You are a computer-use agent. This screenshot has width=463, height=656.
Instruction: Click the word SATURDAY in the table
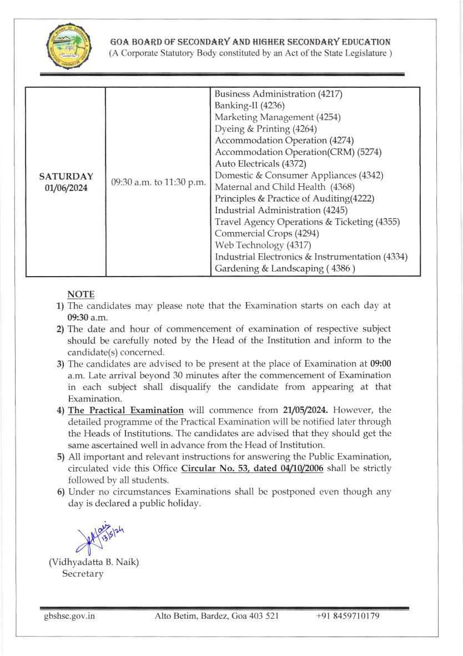(x=66, y=176)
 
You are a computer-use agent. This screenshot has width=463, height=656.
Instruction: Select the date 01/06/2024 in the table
(x=66, y=188)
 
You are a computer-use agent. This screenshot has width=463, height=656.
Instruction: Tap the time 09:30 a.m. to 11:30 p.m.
(x=158, y=182)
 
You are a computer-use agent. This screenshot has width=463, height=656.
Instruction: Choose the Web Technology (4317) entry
(x=263, y=245)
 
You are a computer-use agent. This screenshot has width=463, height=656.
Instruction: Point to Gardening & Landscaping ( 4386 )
(x=285, y=268)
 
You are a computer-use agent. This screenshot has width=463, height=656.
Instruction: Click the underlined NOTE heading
(x=81, y=294)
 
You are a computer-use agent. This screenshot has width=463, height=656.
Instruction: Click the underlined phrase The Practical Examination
(x=125, y=410)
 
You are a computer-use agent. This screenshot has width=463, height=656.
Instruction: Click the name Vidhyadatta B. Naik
(x=94, y=562)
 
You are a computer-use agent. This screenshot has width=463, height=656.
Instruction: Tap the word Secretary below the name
(x=83, y=574)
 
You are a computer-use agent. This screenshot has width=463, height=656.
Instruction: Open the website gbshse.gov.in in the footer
(x=69, y=616)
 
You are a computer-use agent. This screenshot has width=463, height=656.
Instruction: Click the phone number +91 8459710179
(x=348, y=616)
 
